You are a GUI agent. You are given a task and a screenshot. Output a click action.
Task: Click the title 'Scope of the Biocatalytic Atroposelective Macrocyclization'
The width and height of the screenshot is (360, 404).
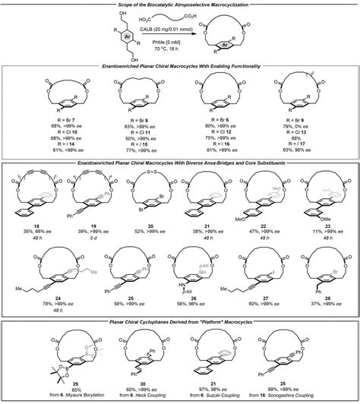(x=180, y=5)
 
